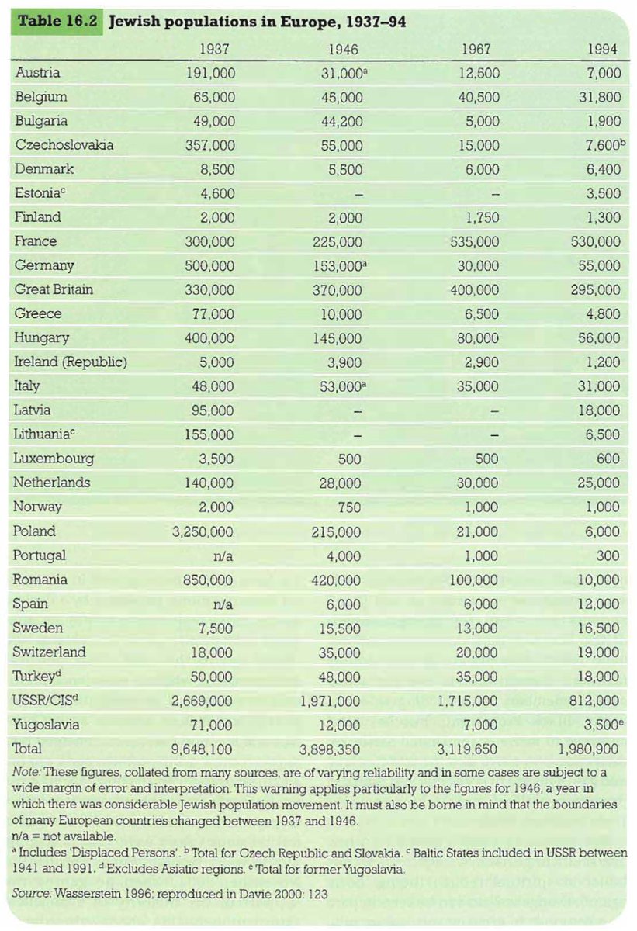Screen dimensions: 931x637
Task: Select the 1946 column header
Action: click(x=342, y=49)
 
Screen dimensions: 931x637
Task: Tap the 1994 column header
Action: click(x=603, y=49)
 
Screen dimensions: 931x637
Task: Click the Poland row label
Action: click(x=36, y=531)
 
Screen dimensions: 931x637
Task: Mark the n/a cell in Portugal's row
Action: click(x=221, y=555)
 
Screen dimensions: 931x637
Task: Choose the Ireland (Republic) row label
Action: click(x=71, y=362)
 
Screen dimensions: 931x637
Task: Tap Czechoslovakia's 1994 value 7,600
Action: click(x=600, y=145)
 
